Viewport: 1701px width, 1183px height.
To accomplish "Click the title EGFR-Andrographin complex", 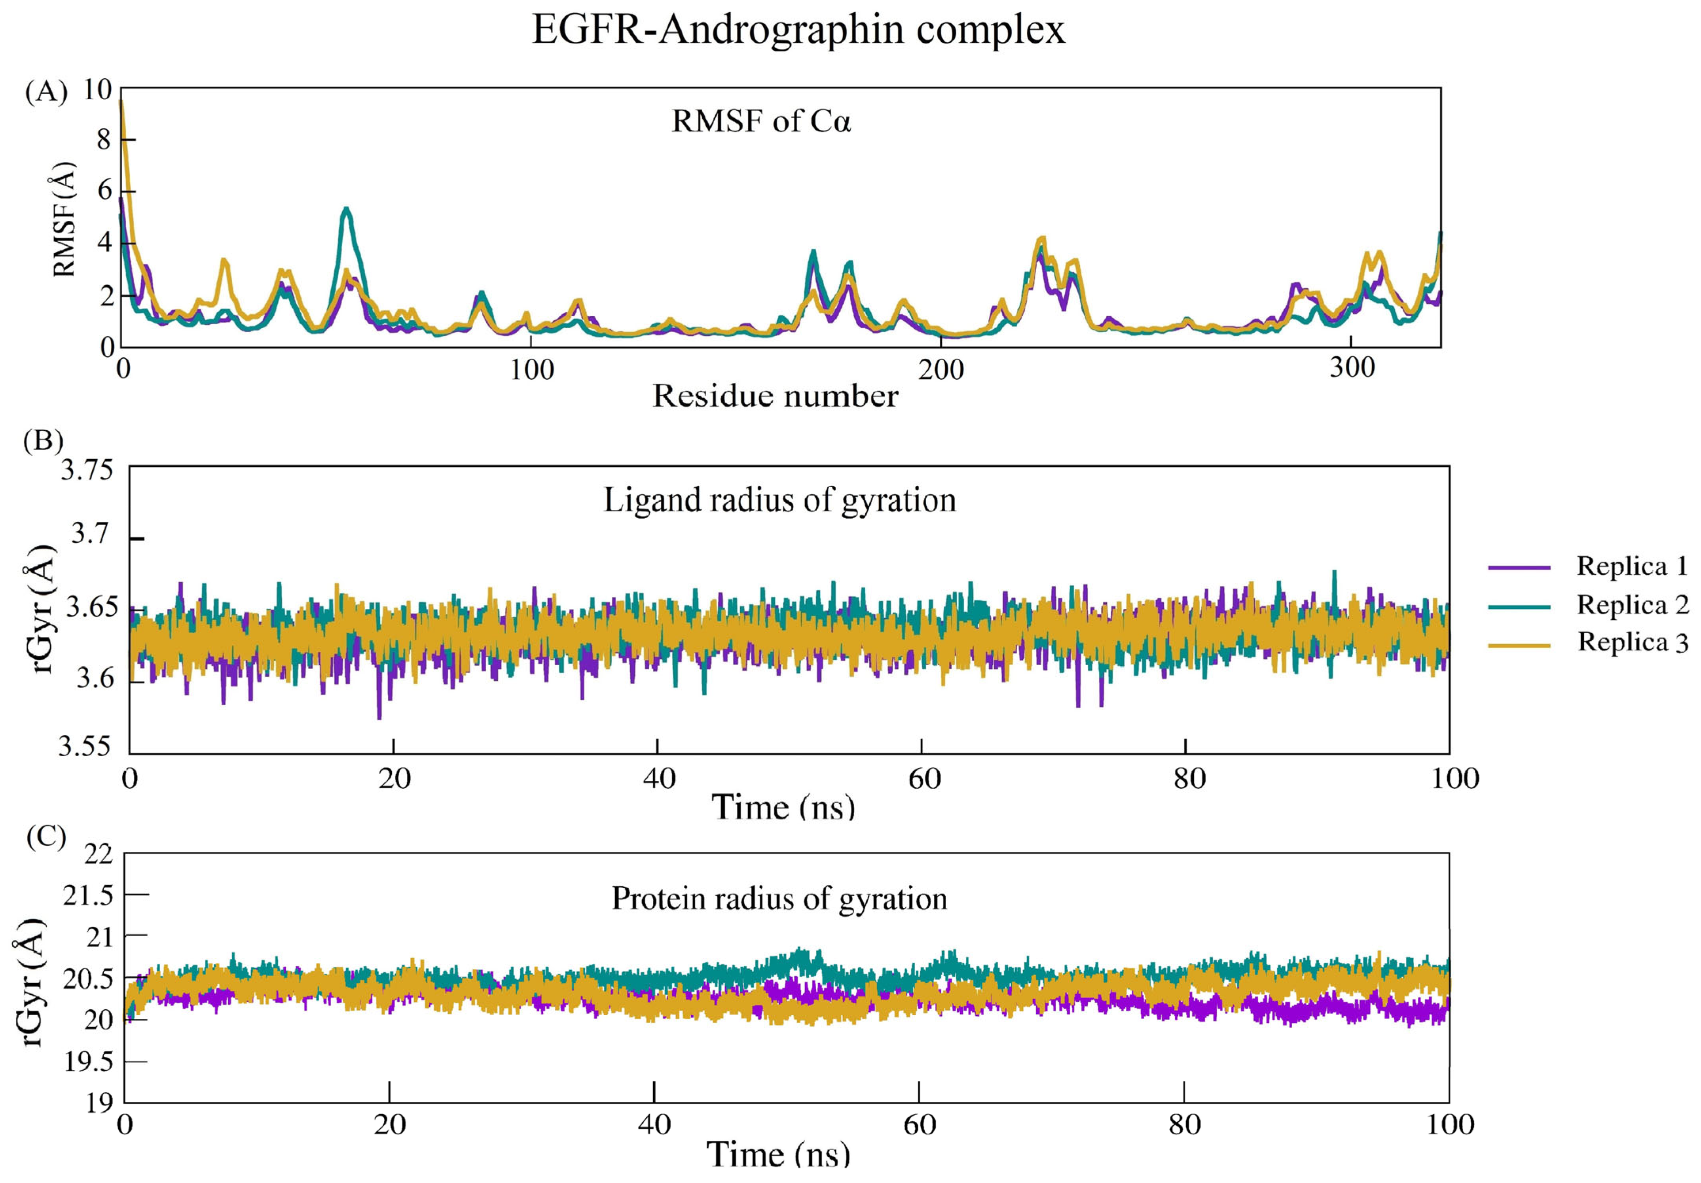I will tap(798, 31).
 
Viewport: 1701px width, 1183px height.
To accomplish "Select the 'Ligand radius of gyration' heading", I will tap(779, 501).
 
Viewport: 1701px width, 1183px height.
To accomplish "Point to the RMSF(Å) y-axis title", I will tap(65, 219).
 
